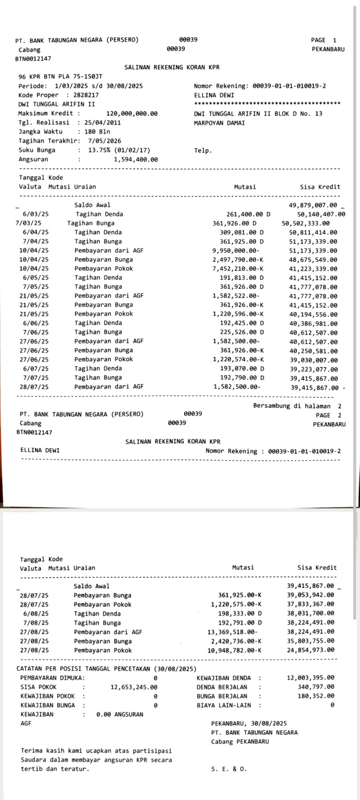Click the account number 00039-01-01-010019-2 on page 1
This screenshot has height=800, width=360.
coord(289,86)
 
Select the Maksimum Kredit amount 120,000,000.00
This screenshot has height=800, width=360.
coord(132,113)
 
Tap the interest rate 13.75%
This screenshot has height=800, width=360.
coord(99,150)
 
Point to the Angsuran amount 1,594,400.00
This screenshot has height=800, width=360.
coord(136,159)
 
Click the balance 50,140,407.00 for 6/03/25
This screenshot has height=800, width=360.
coord(321,214)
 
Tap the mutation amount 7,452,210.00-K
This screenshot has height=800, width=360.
coord(238,269)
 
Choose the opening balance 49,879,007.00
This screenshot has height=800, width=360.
coord(313,205)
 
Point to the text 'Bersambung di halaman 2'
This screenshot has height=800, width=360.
coord(297,406)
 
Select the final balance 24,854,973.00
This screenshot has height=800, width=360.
coord(310,650)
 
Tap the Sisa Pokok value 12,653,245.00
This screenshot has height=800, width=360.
coord(134,687)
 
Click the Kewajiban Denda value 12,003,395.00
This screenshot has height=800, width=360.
coord(310,678)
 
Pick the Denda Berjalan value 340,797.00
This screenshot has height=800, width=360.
coord(316,687)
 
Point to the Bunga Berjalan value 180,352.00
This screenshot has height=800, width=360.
coord(316,696)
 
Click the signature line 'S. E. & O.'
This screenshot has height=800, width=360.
coord(229,769)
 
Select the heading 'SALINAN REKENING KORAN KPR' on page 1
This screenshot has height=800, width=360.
coord(172,67)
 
